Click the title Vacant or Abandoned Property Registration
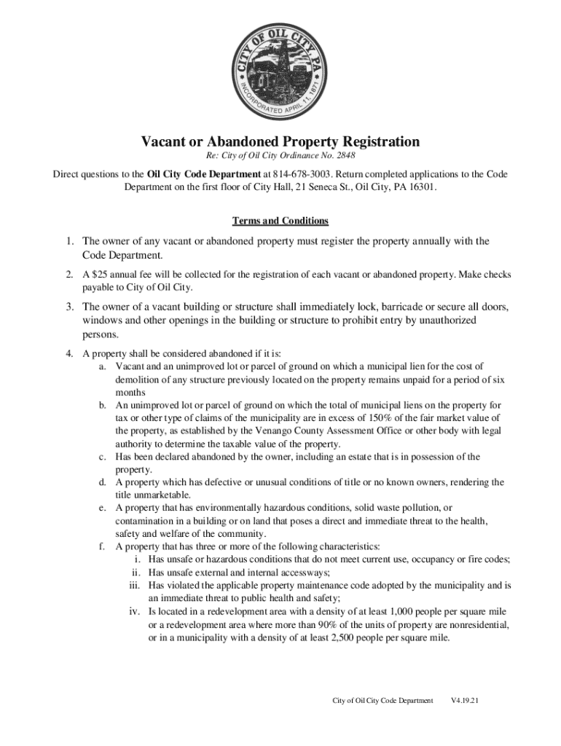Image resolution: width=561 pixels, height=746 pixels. [280, 141]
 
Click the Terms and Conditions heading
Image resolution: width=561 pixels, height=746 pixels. [280, 220]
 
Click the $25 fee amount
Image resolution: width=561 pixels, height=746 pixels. [98, 275]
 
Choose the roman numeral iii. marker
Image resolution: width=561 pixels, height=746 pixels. [134, 585]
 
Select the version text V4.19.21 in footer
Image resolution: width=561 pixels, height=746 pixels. [463, 701]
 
